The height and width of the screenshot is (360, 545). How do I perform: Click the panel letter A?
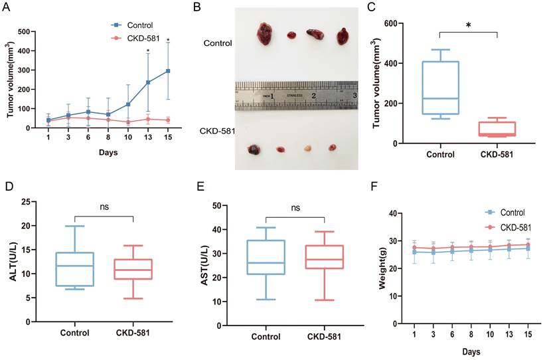[x=11, y=9]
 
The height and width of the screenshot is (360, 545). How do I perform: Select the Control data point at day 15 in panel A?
[x=168, y=71]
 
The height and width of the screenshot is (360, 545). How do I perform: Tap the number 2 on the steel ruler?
[x=313, y=96]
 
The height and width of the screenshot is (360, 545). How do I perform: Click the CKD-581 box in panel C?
[x=497, y=129]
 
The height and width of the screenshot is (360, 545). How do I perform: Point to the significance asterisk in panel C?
[x=469, y=25]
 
